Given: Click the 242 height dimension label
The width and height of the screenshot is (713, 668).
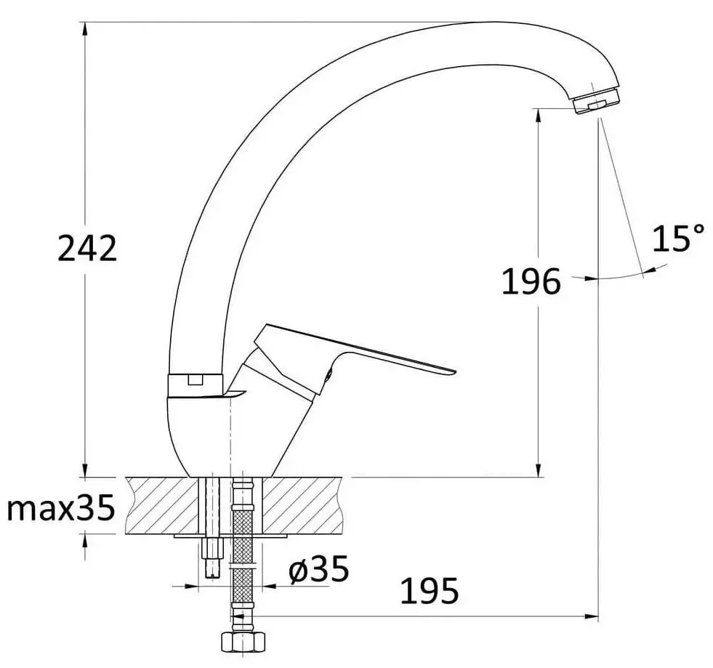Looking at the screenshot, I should coord(87,249).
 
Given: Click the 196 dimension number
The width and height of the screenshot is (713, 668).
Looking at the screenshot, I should coord(531,282).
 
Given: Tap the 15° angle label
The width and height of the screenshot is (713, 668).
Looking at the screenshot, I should coord(677,239).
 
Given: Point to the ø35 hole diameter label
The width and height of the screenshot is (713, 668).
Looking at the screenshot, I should coord(318,569).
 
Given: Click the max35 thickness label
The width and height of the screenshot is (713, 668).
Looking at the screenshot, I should coord(61,509).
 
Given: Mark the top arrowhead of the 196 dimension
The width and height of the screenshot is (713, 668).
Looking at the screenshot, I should coord(538,115).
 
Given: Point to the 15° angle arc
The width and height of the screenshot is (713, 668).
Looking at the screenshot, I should coord(618,275).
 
